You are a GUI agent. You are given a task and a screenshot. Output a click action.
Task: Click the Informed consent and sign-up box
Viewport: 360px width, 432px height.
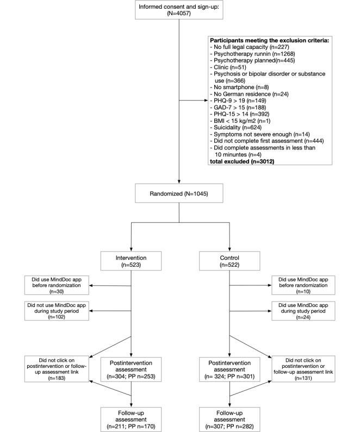click(179, 11)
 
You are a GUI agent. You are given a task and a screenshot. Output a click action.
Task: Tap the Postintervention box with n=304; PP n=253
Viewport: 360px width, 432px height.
click(132, 368)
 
